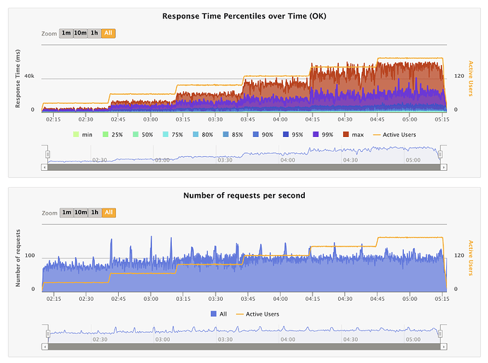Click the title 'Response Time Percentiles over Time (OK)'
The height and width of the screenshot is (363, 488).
(244, 16)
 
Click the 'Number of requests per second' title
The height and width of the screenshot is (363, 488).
(244, 195)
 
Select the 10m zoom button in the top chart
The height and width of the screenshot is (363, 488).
(81, 33)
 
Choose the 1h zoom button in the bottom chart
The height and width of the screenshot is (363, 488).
(95, 213)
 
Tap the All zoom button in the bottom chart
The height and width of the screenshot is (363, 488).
(108, 213)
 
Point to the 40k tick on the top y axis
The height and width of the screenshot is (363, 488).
(30, 76)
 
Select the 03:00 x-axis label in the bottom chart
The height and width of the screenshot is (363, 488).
(151, 299)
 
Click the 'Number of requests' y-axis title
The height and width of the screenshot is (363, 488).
(19, 258)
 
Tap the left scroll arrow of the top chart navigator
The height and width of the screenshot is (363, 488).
(45, 167)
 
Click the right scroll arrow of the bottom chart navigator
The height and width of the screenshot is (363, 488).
(442, 346)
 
